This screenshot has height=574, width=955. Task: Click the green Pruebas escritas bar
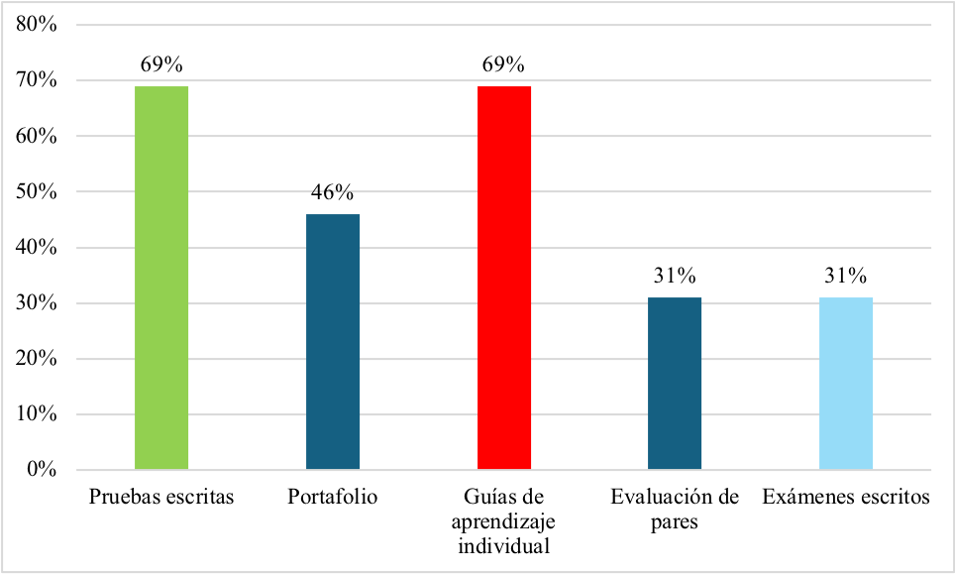pos(161,278)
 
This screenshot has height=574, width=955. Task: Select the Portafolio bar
pos(333,341)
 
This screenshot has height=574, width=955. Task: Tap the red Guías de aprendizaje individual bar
pos(504,278)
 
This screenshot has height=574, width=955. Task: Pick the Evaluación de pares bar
pos(675,383)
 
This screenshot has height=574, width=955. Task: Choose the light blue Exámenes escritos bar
pos(846,383)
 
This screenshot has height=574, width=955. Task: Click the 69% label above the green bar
pos(161,65)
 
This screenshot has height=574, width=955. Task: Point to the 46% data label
pos(333,193)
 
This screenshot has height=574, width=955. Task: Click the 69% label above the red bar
pos(504,65)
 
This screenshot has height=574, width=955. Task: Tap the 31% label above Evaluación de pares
pos(675,278)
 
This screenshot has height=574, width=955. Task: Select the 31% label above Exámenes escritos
pos(846,278)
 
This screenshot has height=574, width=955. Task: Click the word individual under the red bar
pos(503,545)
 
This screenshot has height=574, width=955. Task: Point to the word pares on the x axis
pos(675,521)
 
